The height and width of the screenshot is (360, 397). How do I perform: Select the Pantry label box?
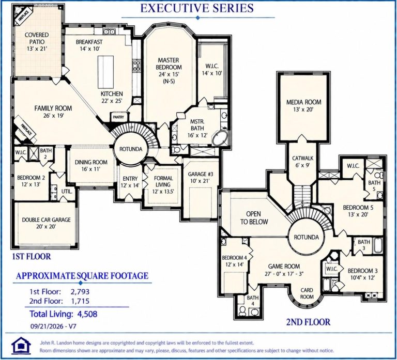(x=118, y=117)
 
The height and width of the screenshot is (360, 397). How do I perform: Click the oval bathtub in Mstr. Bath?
(x=220, y=138)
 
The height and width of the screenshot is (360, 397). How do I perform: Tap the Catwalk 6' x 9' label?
(x=302, y=162)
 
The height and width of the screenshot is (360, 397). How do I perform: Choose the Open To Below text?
(x=254, y=218)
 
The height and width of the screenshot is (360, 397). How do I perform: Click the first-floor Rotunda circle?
(x=131, y=149)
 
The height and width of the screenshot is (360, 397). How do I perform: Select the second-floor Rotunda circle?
(x=307, y=237)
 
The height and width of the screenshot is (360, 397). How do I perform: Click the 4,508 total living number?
(x=87, y=314)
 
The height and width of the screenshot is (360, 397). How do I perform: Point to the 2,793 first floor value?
(x=80, y=292)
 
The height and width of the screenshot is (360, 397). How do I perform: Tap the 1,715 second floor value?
(x=80, y=301)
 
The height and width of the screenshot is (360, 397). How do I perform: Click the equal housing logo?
(x=21, y=346)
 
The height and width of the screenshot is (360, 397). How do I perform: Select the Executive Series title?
(x=197, y=8)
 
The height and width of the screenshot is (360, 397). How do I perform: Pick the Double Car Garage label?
(x=46, y=223)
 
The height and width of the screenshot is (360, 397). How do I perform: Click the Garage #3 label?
(x=201, y=177)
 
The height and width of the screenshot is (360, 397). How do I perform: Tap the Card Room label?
(x=307, y=293)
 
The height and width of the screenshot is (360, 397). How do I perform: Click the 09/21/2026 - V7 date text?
(x=53, y=326)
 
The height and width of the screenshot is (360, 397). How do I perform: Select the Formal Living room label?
(x=163, y=185)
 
